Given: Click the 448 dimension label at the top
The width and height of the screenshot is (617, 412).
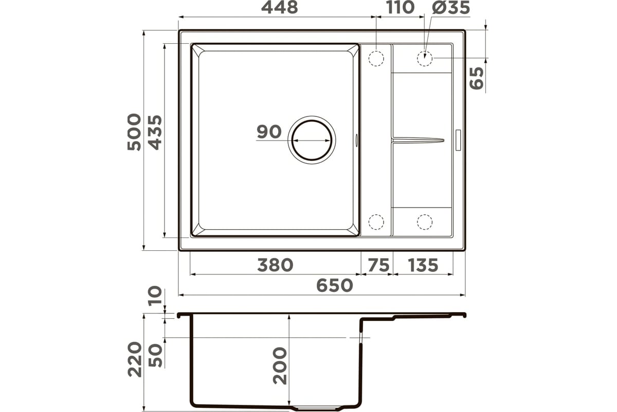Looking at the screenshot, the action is pos(280,7).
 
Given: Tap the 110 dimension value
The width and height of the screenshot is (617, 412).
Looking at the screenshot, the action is pos(401,7).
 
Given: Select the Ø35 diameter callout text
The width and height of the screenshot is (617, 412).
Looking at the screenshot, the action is pos(451,7).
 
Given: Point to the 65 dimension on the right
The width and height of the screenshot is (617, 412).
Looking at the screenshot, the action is pos(477,78).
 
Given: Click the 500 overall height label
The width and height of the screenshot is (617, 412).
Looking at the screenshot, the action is pos(134,132).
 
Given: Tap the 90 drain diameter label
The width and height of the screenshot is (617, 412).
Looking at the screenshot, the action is pos(269,132).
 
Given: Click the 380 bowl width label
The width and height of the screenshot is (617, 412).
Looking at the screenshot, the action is pos(275,265).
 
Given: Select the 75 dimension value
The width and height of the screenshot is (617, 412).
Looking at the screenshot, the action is pos(379,265).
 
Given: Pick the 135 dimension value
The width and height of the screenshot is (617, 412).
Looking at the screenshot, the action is pos(423,265).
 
